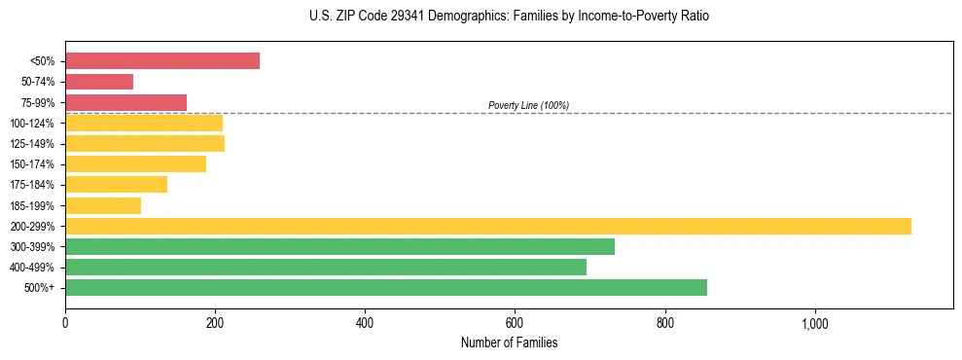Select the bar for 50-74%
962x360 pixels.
pyautogui.click(x=99, y=82)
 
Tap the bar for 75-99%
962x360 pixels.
pyautogui.click(x=125, y=102)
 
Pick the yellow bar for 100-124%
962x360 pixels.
pyautogui.click(x=144, y=123)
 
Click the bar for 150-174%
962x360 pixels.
pyautogui.click(x=135, y=164)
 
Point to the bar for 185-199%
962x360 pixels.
pyautogui.click(x=103, y=205)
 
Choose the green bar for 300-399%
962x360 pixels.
pyautogui.click(x=339, y=246)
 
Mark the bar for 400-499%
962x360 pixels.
pyautogui.click(x=326, y=267)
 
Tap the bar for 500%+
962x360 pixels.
pyautogui.click(x=386, y=288)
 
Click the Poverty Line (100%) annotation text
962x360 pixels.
pyautogui.click(x=528, y=105)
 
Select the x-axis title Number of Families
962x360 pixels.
pyautogui.click(x=509, y=342)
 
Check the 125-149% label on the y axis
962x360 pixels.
pyautogui.click(x=32, y=144)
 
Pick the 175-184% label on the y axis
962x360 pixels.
pyautogui.click(x=32, y=185)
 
